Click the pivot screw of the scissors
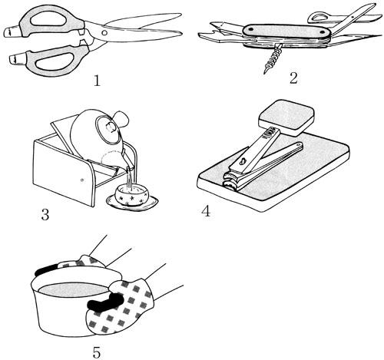(x=104, y=33)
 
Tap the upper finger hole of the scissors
(x=48, y=19)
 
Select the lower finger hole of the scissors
(x=53, y=61)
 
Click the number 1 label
(x=97, y=81)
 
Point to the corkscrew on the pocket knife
(x=273, y=58)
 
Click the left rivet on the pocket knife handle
(x=250, y=29)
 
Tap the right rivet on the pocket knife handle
(x=323, y=32)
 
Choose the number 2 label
(x=293, y=78)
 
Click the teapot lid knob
(x=111, y=127)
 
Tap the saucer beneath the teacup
(x=132, y=202)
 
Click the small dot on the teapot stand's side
(x=82, y=180)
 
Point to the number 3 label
(x=45, y=214)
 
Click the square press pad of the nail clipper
(x=286, y=117)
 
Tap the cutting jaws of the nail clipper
(x=230, y=180)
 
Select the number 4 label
(x=206, y=211)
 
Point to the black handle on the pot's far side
(x=46, y=271)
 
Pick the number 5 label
(x=97, y=352)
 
